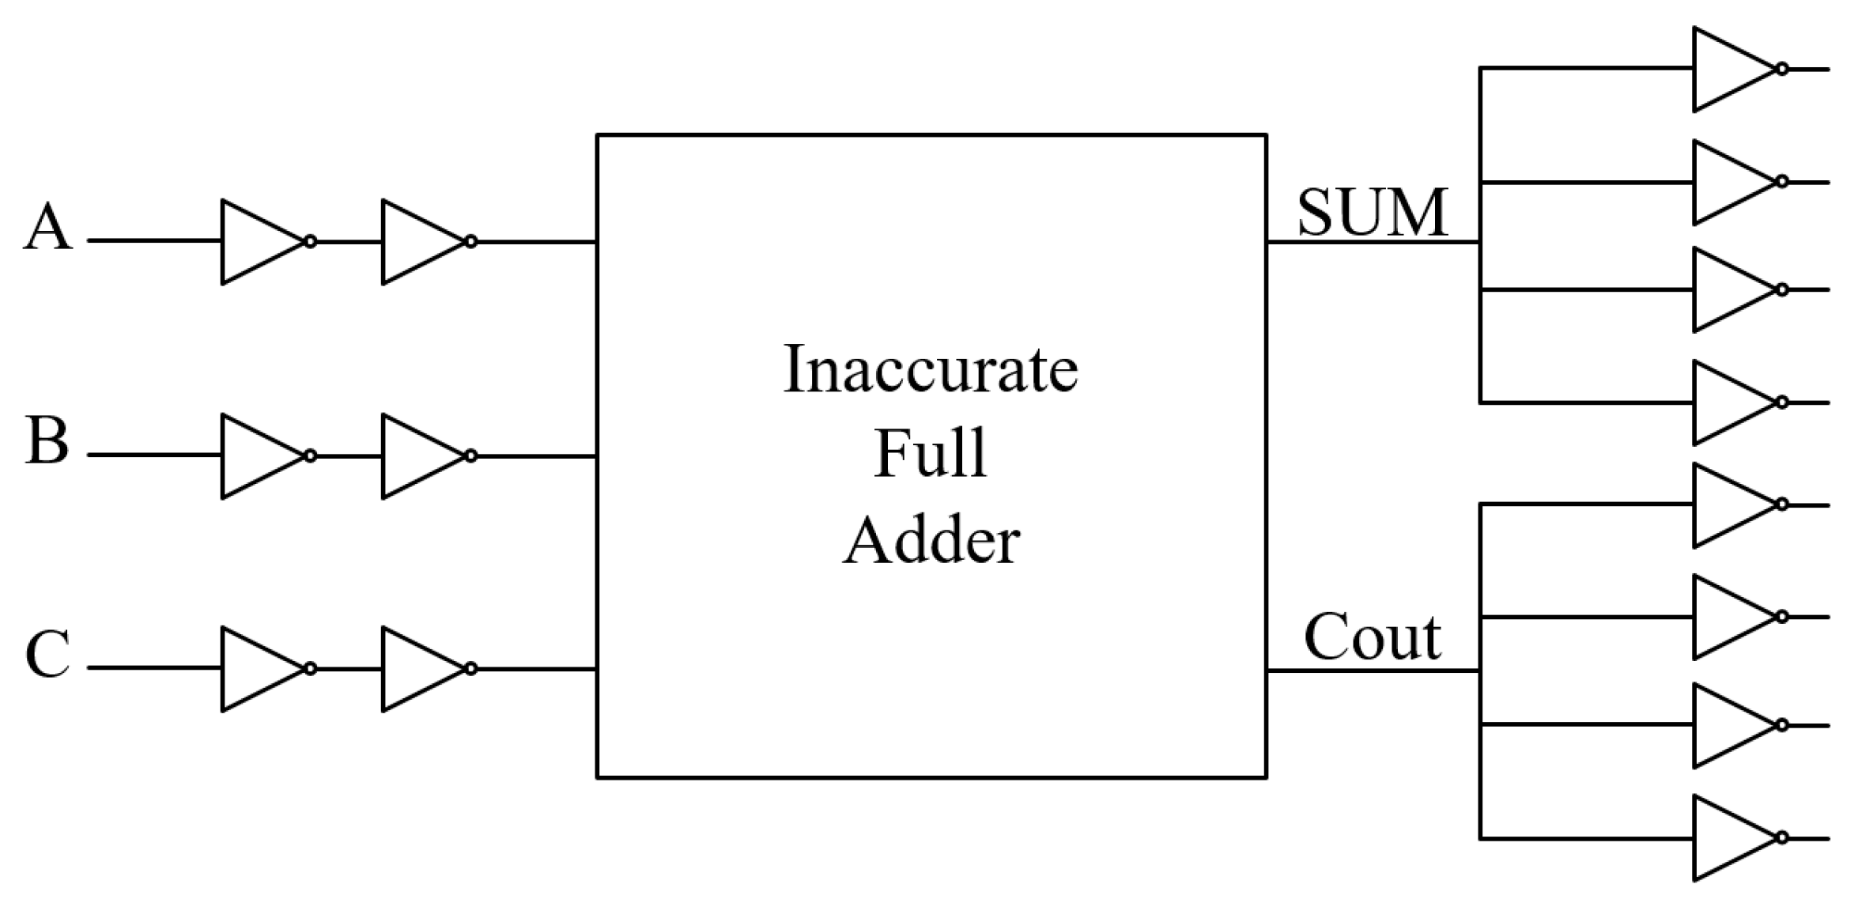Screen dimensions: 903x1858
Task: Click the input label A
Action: (x=47, y=228)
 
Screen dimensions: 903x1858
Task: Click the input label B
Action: (x=47, y=441)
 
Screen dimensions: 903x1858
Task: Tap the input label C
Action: (x=47, y=655)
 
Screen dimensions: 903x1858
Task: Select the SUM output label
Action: (x=1373, y=213)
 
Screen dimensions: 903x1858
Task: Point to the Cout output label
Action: (x=1373, y=637)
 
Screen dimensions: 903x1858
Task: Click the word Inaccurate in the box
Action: (x=931, y=369)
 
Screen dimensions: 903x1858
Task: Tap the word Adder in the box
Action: (x=931, y=541)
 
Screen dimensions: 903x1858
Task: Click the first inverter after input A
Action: (x=257, y=241)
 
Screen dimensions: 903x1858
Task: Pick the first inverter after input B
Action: (x=257, y=455)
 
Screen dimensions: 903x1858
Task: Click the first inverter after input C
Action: (x=257, y=669)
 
